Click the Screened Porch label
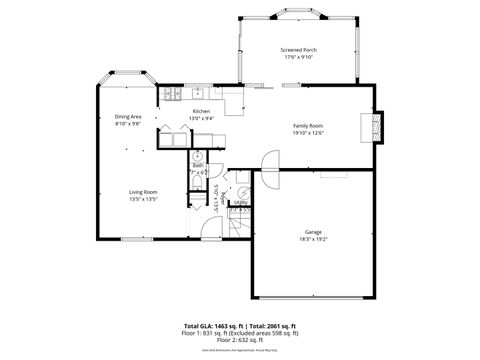pyautogui.click(x=298, y=49)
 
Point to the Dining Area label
pyautogui.click(x=128, y=116)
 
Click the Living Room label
pyautogui.click(x=143, y=191)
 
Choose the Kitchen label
pyautogui.click(x=201, y=111)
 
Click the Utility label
pyautogui.click(x=241, y=201)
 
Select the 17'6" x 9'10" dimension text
pyautogui.click(x=298, y=57)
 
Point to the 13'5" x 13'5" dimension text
pyautogui.click(x=143, y=199)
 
